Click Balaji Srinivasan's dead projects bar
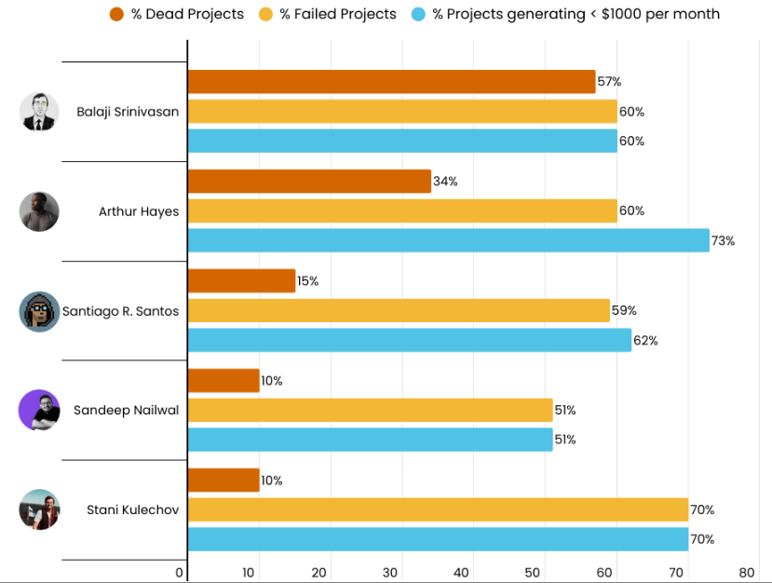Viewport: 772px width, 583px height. (391, 82)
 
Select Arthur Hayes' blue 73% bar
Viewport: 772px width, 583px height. (448, 240)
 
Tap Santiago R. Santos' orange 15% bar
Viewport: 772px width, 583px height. (241, 281)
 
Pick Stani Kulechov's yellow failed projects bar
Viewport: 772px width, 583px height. (438, 509)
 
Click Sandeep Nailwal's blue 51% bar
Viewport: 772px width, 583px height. (370, 440)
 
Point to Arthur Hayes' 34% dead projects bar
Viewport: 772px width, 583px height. (309, 182)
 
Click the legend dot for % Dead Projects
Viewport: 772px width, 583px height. (117, 14)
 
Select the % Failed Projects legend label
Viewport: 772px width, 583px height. (338, 14)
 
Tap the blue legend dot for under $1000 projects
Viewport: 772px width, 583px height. (418, 14)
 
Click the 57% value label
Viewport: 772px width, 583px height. (609, 82)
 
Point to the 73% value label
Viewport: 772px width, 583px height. (724, 241)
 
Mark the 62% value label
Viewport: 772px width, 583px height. (645, 341)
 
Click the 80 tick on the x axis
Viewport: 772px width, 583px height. (746, 572)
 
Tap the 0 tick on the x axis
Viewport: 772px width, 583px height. (180, 572)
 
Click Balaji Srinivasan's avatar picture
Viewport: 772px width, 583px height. (39, 112)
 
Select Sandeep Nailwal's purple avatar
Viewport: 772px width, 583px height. (39, 410)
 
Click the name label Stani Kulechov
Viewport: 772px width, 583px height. (132, 509)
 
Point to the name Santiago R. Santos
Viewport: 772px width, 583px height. (120, 311)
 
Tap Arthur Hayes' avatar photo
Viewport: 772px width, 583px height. (39, 211)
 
